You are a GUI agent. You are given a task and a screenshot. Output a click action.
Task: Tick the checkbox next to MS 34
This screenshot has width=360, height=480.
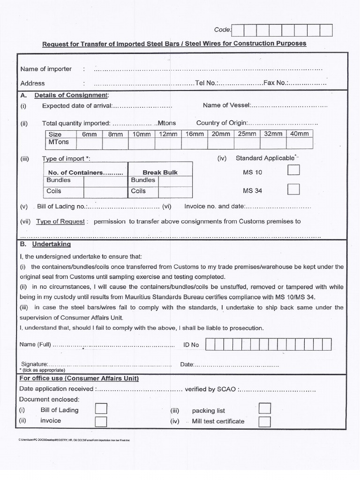click(x=293, y=189)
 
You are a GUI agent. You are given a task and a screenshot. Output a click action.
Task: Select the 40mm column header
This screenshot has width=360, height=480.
click(x=300, y=134)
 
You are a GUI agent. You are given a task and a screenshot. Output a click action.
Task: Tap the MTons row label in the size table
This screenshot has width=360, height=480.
click(x=59, y=142)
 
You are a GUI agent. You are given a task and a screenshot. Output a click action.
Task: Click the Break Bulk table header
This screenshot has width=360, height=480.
click(x=160, y=172)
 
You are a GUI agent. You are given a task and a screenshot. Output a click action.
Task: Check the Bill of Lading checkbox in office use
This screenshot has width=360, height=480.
click(x=101, y=409)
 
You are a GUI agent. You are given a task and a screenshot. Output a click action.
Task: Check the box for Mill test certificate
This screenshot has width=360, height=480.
click(x=264, y=421)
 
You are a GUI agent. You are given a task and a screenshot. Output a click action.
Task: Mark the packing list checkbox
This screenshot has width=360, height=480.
click(x=264, y=409)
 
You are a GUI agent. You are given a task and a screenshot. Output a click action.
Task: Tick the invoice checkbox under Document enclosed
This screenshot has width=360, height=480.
click(x=101, y=421)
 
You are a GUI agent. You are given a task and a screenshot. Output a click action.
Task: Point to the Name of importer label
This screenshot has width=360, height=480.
click(x=46, y=69)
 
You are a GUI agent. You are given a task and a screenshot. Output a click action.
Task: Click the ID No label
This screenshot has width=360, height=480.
click(x=191, y=345)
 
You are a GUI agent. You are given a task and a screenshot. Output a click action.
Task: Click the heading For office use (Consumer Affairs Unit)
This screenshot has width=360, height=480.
click(x=79, y=378)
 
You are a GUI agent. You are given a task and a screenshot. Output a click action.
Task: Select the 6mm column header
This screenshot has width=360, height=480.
click(x=89, y=134)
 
